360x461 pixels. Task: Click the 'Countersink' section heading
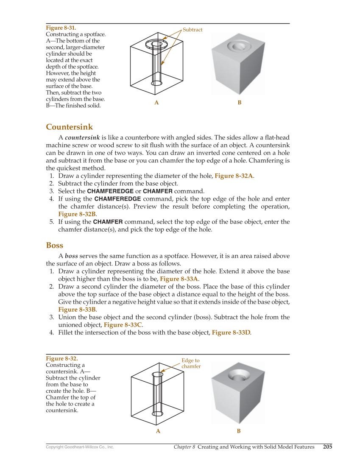69,127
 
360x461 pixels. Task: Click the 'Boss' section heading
54,246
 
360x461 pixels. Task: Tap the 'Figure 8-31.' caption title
61,28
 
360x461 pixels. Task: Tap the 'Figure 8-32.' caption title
62,358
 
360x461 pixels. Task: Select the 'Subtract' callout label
193,30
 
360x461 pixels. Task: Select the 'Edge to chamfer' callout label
191,363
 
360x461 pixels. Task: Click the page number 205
327,447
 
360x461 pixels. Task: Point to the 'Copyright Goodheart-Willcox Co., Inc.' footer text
80,447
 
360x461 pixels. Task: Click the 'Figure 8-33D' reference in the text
231,333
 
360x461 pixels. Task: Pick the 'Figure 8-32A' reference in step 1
234,176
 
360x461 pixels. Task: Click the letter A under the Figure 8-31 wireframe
156,103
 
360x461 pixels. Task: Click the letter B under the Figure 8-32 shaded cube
239,431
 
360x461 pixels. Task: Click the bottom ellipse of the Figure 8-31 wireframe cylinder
157,83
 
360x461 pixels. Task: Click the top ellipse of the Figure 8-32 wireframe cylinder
157,374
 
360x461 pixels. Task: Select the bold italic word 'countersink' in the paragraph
82,137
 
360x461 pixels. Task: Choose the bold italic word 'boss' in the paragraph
71,256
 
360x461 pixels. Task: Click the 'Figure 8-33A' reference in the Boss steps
179,279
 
